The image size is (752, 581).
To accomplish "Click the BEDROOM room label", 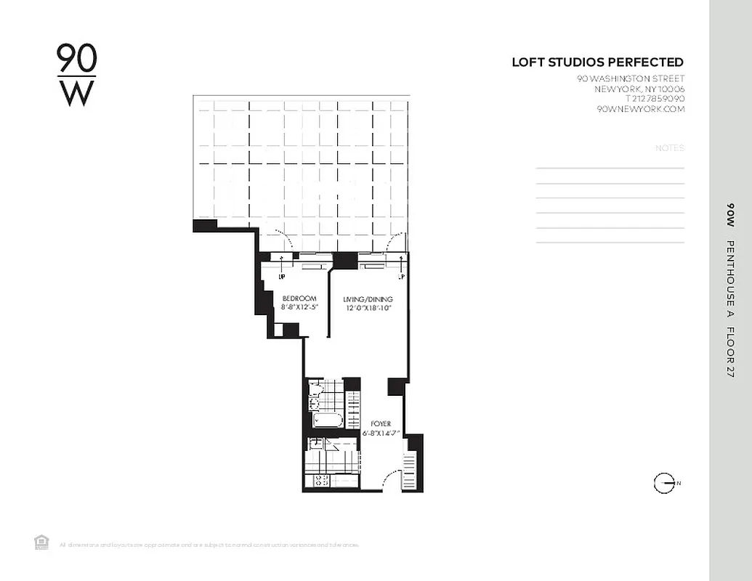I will click(x=299, y=298).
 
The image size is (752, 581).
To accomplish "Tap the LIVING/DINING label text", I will click(x=368, y=299).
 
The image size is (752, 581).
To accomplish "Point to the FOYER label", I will click(x=381, y=423).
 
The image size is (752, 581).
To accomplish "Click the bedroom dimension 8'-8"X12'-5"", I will click(x=299, y=307).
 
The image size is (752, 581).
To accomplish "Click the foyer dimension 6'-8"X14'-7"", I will click(x=381, y=433).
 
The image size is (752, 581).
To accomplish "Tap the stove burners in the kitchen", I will click(x=320, y=480).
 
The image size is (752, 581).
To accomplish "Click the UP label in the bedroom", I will click(x=282, y=277).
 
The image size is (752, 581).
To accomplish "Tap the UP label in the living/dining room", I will click(x=400, y=277).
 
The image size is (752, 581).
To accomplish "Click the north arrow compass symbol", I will click(x=664, y=483).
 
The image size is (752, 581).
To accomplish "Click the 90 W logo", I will click(x=76, y=75).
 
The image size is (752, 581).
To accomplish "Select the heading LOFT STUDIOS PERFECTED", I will click(x=597, y=62).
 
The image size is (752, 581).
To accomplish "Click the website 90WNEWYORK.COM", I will click(x=640, y=109).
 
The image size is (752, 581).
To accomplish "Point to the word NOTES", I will click(x=669, y=148).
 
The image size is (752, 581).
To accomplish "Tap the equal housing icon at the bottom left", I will click(x=41, y=542).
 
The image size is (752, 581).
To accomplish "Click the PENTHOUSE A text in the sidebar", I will click(x=730, y=277).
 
